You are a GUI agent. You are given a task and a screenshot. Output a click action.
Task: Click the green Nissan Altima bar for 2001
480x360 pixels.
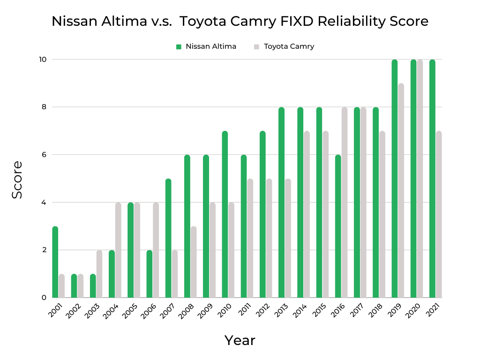[55, 262]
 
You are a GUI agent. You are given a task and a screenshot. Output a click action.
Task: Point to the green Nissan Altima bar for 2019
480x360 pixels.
[395, 179]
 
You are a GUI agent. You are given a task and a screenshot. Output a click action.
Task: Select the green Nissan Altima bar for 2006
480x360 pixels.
[150, 274]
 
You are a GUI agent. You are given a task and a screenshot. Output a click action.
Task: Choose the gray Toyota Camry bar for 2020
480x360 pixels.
[420, 179]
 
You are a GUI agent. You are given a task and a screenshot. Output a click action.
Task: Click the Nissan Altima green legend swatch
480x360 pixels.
[179, 46]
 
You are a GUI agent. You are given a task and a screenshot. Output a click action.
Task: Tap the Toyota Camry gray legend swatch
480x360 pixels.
[256, 46]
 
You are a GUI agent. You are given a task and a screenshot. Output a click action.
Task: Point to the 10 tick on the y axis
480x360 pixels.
[43, 60]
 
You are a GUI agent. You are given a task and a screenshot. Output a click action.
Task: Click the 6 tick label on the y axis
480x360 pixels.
[44, 155]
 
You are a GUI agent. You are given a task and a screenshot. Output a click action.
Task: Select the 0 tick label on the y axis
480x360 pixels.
[44, 298]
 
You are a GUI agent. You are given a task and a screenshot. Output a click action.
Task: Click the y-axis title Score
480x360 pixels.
[17, 180]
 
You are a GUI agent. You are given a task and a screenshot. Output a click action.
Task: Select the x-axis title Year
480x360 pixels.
[240, 340]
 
